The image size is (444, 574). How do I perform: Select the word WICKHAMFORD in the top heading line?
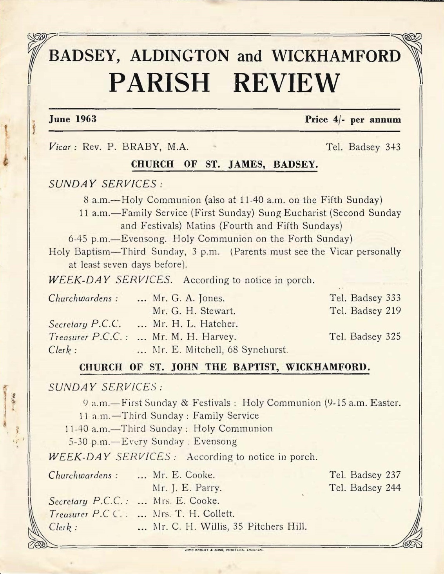click(x=337, y=56)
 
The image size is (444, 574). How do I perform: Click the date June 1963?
click(x=72, y=119)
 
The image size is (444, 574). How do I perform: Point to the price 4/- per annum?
click(x=353, y=120)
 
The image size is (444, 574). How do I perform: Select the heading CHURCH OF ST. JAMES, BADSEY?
click(x=224, y=164)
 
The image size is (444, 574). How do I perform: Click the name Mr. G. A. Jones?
click(x=189, y=298)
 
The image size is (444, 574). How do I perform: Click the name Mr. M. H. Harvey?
click(x=194, y=336)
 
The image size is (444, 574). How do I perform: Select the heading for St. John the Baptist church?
click(x=225, y=367)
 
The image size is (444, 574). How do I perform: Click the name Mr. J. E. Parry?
click(x=187, y=488)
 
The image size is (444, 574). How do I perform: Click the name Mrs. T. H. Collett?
click(x=194, y=513)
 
